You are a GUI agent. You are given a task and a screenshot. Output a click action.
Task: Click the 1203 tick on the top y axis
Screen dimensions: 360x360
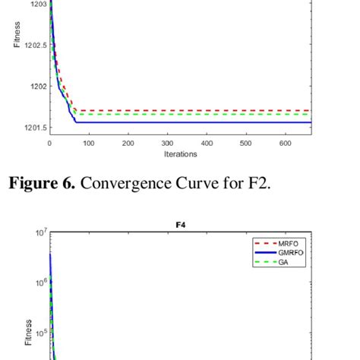(36, 4)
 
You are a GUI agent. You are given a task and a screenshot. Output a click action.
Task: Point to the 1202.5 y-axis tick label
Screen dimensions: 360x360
(33, 45)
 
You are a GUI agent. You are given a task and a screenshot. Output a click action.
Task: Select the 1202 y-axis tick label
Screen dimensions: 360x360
(36, 86)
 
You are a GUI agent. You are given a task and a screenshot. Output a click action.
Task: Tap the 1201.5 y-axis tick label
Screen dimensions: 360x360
(33, 128)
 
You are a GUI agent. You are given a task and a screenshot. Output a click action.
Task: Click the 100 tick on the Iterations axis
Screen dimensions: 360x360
(89, 143)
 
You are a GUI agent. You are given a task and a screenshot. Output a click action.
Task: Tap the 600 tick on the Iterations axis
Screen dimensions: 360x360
(285, 143)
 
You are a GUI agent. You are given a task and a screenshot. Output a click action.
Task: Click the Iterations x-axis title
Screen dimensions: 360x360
(180, 154)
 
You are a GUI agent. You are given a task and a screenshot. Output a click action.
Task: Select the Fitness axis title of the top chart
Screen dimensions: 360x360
(17, 34)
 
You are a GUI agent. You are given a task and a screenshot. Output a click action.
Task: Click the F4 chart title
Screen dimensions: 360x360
(180, 225)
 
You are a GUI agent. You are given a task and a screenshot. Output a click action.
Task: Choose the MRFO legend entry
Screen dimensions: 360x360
(292, 243)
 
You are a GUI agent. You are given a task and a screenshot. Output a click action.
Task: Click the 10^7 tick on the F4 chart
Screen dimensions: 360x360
(39, 232)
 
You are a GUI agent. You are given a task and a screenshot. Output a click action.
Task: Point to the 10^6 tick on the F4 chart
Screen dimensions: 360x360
(39, 282)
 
